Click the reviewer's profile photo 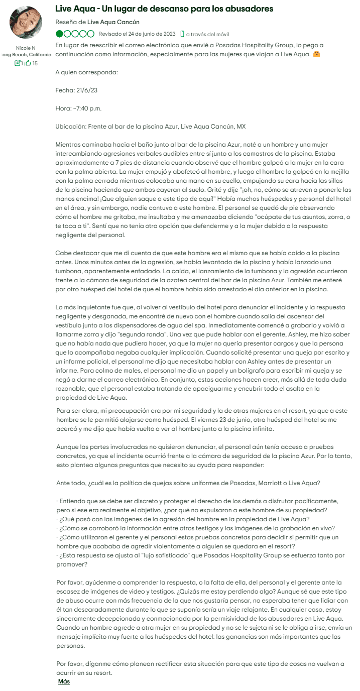coord(26,23)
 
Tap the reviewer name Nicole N coord(26,48)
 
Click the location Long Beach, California coord(27,54)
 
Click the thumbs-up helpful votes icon coord(28,63)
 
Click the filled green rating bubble coord(60,34)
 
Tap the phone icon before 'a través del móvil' coord(182,34)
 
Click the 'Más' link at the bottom coord(64,681)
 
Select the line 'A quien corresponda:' coord(86,72)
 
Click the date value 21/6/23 coord(86,90)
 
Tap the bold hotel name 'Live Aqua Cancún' coord(113,22)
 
